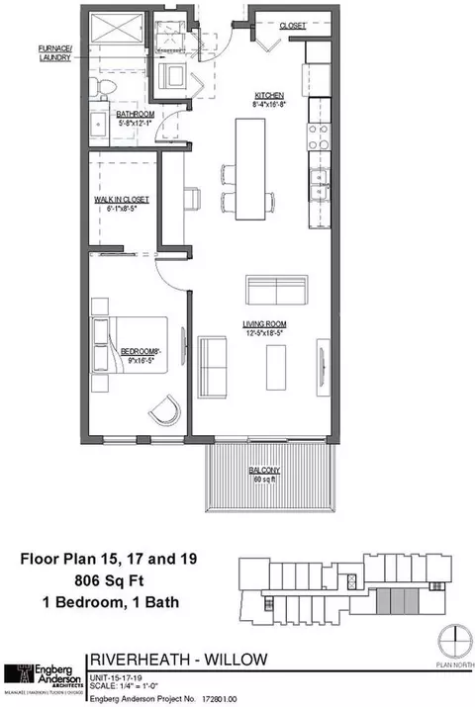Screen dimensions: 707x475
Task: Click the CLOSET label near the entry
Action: pyautogui.click(x=291, y=26)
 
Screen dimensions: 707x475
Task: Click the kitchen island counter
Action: pyautogui.click(x=248, y=166)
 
